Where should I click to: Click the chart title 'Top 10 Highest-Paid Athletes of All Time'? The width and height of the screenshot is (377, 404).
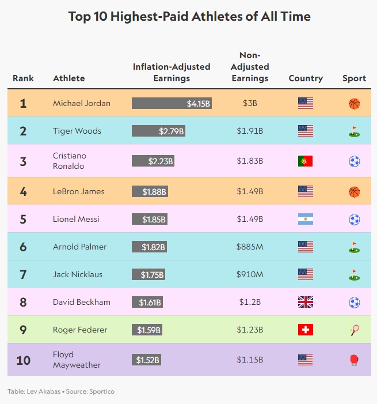click(189, 16)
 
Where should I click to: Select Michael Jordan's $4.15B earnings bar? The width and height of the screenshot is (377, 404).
click(172, 104)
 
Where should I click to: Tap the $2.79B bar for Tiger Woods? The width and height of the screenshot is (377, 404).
click(159, 131)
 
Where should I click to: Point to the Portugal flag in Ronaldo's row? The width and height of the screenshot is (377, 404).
click(306, 161)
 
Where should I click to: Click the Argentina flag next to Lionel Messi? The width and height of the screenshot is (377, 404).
click(306, 219)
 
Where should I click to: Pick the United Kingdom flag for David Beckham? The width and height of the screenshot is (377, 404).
click(306, 302)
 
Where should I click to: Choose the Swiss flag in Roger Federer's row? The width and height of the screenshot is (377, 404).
click(306, 330)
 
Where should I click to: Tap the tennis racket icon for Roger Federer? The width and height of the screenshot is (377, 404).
click(354, 330)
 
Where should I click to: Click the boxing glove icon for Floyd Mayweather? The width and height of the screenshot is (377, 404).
click(354, 360)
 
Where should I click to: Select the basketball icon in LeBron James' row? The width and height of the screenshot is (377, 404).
click(354, 191)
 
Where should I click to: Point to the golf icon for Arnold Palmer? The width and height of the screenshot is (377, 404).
click(354, 247)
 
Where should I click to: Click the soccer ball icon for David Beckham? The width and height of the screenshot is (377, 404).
click(354, 302)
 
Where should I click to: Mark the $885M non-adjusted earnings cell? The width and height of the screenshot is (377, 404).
click(250, 247)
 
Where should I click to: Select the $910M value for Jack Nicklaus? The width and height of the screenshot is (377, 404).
click(250, 274)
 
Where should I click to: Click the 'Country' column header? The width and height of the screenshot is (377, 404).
click(306, 78)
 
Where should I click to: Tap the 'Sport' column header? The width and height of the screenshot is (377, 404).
click(354, 78)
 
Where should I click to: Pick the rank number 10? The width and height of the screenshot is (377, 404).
click(23, 360)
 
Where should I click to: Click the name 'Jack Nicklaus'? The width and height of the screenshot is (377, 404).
click(78, 274)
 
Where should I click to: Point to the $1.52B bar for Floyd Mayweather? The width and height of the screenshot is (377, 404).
click(146, 360)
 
